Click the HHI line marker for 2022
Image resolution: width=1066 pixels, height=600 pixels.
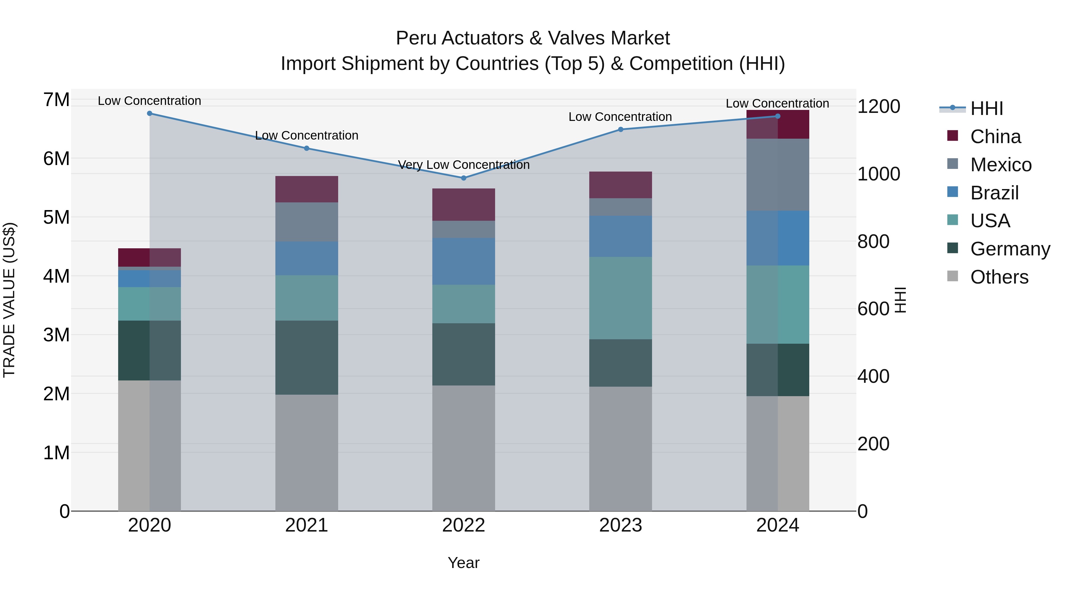coord(463,178)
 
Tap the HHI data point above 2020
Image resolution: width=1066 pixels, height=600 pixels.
coord(150,113)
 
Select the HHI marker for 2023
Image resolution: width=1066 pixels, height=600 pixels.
coord(620,129)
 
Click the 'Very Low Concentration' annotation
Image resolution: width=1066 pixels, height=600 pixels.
coord(463,165)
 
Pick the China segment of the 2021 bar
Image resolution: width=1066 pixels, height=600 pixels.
coord(307,189)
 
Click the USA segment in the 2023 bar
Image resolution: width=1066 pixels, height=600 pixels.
coord(620,298)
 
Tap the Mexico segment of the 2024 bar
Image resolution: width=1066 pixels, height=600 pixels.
coord(778,175)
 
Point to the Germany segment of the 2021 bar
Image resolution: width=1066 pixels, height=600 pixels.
coord(307,357)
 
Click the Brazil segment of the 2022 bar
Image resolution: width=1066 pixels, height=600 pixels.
coord(463,261)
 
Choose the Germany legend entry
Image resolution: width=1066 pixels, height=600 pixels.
coord(1010,249)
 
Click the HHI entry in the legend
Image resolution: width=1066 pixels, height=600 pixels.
coord(987,108)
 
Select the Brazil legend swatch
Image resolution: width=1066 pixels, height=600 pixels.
coord(953,192)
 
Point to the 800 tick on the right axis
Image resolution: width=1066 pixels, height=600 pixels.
coord(873,241)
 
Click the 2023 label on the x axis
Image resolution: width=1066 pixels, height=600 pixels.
coord(620,525)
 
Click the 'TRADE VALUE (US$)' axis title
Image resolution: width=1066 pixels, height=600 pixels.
coord(9,300)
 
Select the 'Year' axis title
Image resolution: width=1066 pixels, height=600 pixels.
coord(463,563)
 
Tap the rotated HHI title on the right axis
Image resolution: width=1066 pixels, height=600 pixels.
coord(900,300)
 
